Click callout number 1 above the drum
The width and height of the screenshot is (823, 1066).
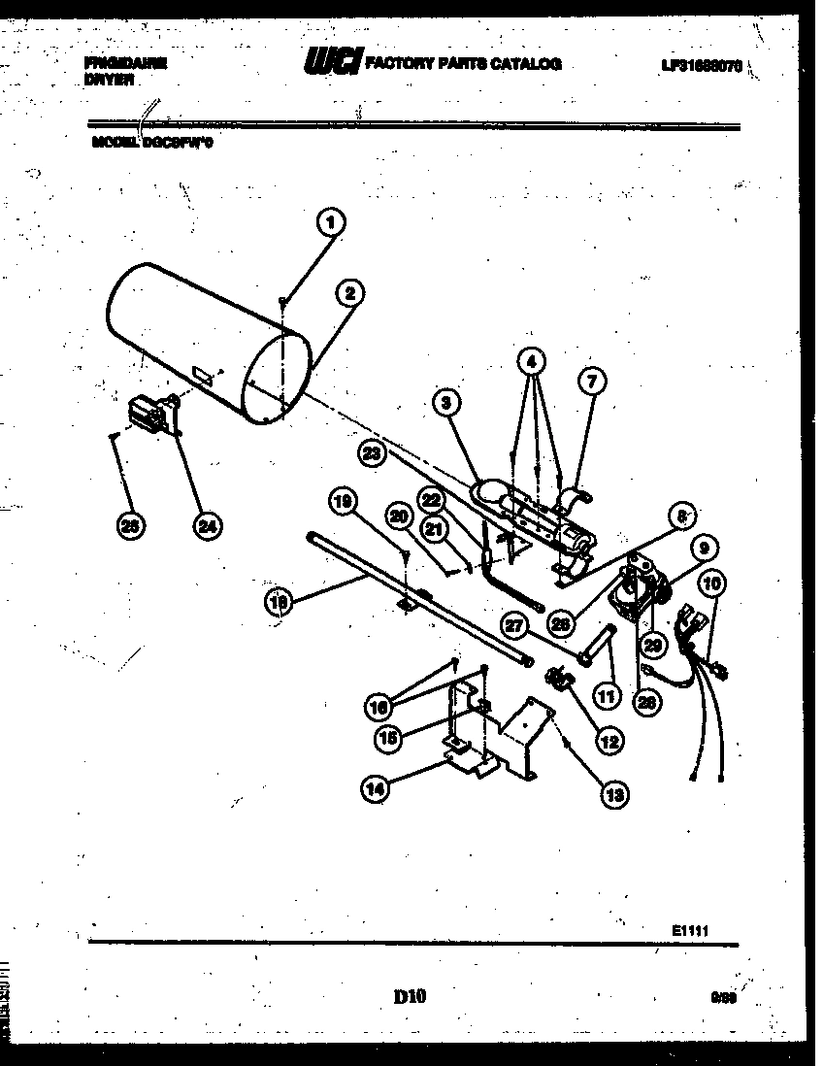click(x=331, y=223)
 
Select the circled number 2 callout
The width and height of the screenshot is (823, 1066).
click(x=350, y=292)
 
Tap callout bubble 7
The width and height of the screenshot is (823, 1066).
click(x=593, y=382)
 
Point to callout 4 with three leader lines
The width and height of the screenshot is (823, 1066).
click(x=530, y=362)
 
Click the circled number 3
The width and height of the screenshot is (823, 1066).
click(x=445, y=400)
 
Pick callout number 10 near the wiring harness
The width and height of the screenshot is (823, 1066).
click(x=712, y=583)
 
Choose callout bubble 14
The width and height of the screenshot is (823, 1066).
click(x=374, y=789)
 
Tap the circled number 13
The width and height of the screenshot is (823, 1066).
click(x=613, y=794)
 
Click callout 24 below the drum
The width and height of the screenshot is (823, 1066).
click(x=205, y=525)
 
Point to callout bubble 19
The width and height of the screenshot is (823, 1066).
click(x=341, y=502)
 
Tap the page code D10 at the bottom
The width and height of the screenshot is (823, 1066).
click(x=411, y=995)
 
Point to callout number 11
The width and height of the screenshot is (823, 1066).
click(x=607, y=695)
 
